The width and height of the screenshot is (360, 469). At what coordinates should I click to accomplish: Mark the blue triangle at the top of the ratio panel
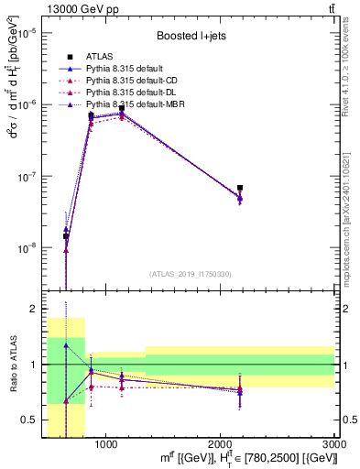[x=66, y=345]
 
